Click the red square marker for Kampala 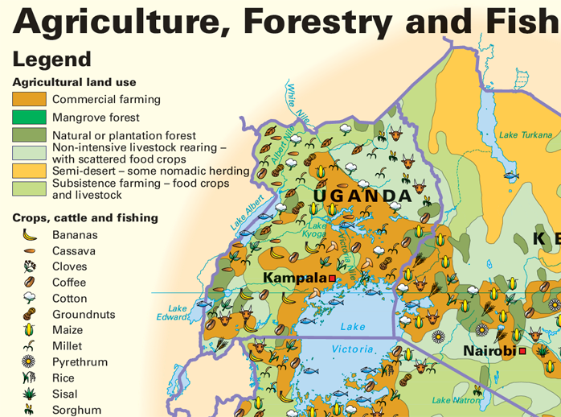click(331, 279)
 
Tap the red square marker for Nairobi click(522, 351)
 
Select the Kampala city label click(294, 278)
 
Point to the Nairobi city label click(489, 351)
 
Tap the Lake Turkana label click(525, 134)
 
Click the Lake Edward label click(178, 312)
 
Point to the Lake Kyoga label click(317, 230)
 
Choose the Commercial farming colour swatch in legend click(29, 99)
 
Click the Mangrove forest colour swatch click(29, 118)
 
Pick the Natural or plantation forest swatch click(29, 135)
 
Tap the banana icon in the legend click(30, 235)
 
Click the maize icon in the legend click(30, 330)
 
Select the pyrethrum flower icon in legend click(30, 362)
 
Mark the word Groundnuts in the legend click(84, 315)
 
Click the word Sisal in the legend click(65, 394)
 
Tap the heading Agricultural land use click(74, 82)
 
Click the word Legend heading click(51, 59)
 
